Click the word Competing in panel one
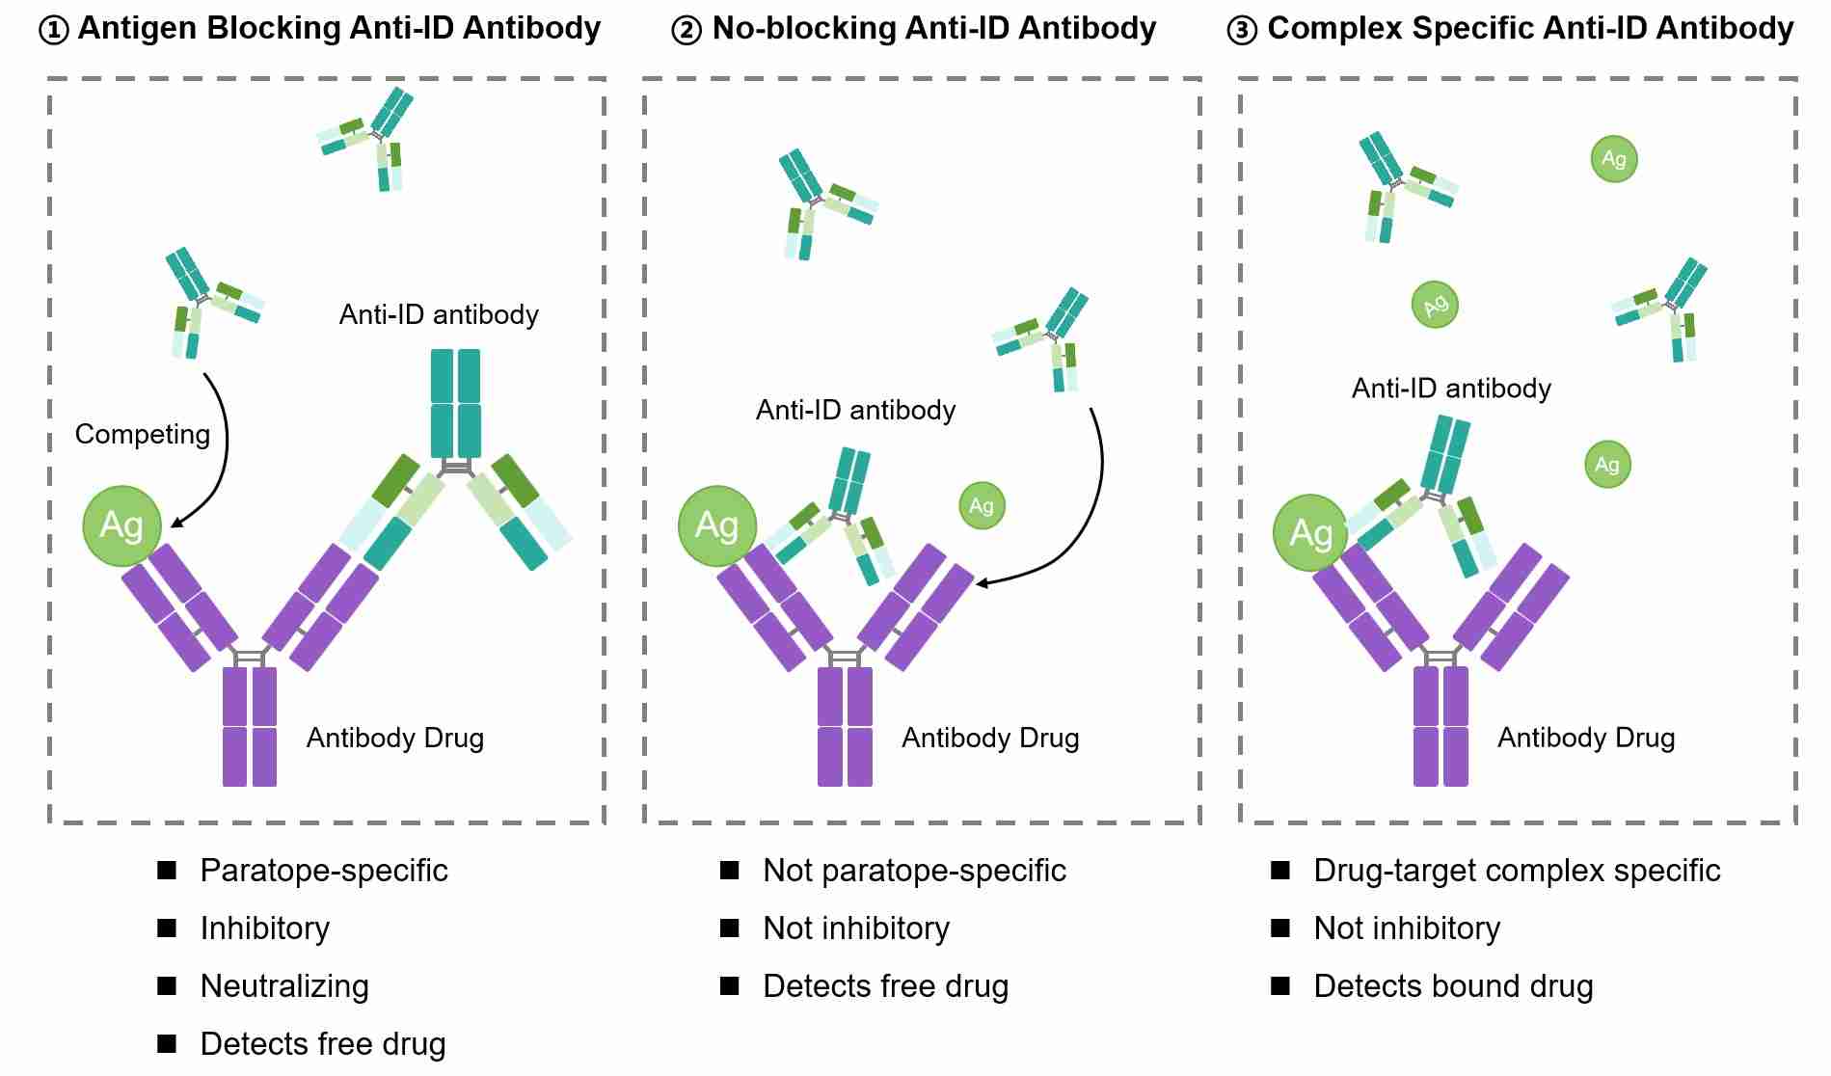tap(142, 434)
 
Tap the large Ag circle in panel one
tap(121, 525)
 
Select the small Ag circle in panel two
tap(982, 505)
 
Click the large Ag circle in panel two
tap(716, 525)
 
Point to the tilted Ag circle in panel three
tap(1435, 306)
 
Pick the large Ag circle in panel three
tap(1310, 533)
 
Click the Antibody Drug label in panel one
tap(394, 738)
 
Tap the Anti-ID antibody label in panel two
tap(855, 410)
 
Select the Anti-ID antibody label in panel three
tap(1451, 388)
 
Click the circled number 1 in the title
tap(54, 31)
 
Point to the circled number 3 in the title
tap(1242, 31)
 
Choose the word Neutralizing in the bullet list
tap(284, 985)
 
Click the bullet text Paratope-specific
tap(324, 870)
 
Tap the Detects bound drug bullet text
tap(1453, 985)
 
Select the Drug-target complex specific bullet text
tap(1517, 870)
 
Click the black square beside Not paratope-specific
tap(730, 871)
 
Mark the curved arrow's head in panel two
tap(983, 582)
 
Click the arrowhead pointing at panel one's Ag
tap(176, 524)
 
